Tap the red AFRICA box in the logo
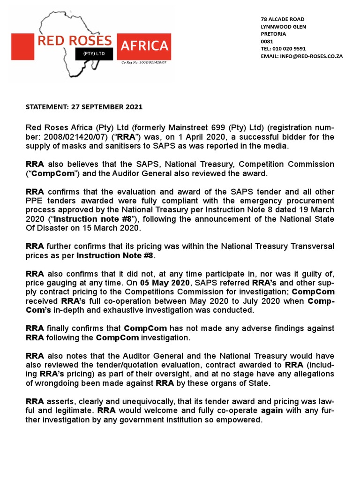[x=144, y=46]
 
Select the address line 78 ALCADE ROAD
[x=282, y=19]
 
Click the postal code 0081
[x=266, y=42]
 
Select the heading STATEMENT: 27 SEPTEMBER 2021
[x=83, y=107]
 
